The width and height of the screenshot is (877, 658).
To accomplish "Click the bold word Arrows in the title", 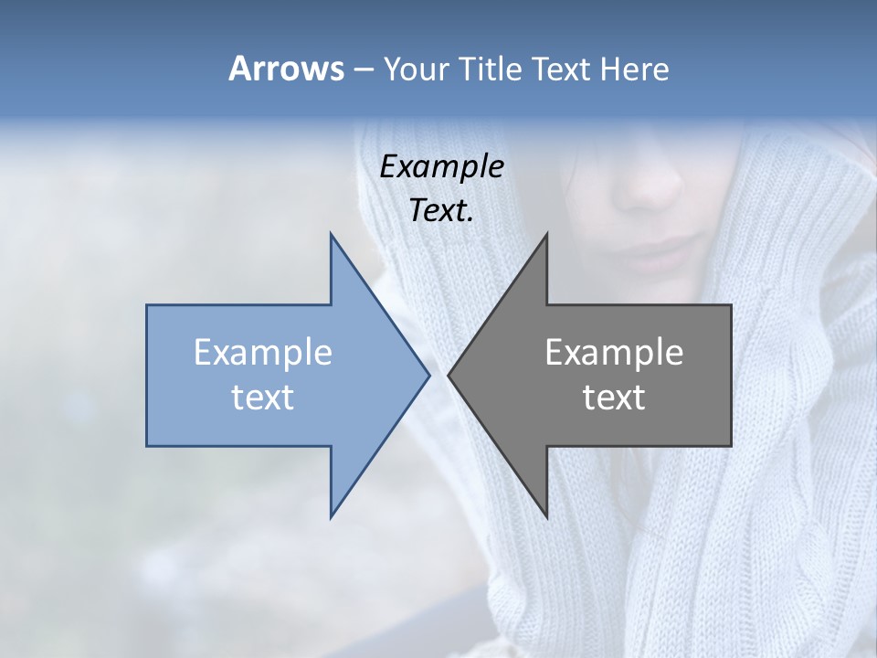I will click(x=287, y=69).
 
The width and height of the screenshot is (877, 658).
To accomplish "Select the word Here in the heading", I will click(x=635, y=69).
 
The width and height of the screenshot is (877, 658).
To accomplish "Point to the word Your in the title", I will click(x=415, y=69).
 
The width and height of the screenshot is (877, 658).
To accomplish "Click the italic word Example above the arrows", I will click(x=441, y=166).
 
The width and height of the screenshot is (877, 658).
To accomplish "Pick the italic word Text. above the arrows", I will click(x=441, y=210).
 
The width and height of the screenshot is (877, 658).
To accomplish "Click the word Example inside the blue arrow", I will click(x=263, y=353).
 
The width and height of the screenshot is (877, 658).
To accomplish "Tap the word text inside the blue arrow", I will click(x=263, y=398).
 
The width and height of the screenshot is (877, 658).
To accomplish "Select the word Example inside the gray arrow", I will click(x=614, y=353).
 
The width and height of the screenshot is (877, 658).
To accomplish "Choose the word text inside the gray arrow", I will click(x=614, y=398).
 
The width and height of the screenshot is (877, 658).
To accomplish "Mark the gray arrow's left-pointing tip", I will click(x=449, y=375).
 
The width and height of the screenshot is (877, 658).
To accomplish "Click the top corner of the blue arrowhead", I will click(x=332, y=235).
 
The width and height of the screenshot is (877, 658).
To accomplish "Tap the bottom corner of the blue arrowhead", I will click(x=332, y=516).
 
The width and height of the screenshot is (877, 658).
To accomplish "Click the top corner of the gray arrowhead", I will click(x=546, y=235).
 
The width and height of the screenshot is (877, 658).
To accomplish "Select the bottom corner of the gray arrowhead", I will click(x=546, y=516).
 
